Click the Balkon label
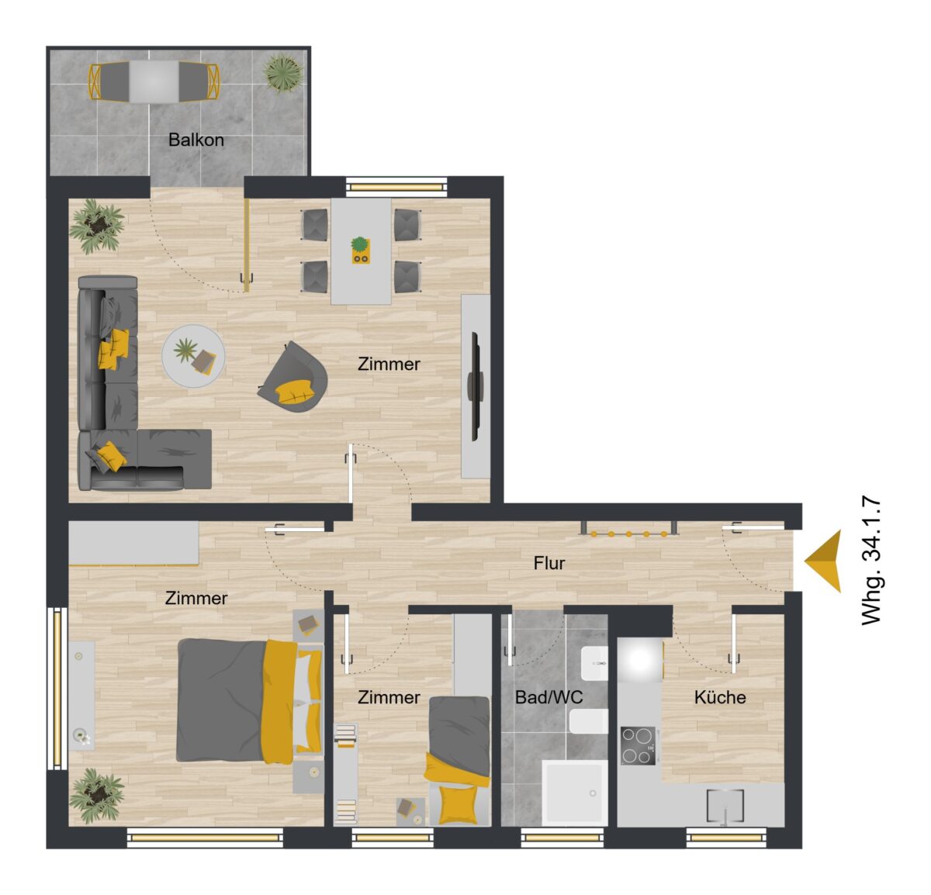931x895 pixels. tap(196, 140)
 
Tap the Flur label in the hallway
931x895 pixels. tap(549, 563)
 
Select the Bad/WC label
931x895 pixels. tap(549, 697)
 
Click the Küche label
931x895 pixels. tap(720, 697)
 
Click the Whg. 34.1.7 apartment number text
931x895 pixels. tap(871, 561)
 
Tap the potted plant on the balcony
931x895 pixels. tap(283, 74)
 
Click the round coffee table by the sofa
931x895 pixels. tap(193, 356)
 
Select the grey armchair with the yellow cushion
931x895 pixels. tap(293, 378)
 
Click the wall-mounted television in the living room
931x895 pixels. tap(475, 386)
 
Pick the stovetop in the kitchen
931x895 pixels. tap(639, 746)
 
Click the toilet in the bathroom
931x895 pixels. tap(589, 720)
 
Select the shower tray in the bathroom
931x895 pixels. tap(575, 793)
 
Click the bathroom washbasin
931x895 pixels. tap(594, 663)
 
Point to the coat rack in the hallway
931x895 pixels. tap(628, 528)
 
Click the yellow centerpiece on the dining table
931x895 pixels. tap(360, 251)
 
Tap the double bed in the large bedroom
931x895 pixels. tap(249, 701)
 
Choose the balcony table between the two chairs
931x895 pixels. tap(154, 81)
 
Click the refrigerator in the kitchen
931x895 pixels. tap(640, 660)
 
